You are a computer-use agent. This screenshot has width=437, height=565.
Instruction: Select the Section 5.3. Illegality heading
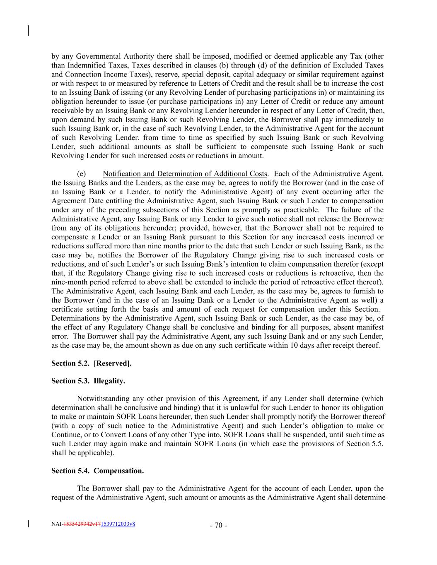pos(88,381)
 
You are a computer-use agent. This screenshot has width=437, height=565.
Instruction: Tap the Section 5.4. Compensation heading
pos(98,471)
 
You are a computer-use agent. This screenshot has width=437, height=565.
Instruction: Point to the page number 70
pos(218,526)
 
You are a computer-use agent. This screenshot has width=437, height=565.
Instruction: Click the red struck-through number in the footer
pos(82,524)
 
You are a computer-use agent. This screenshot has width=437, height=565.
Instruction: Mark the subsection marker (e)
pos(81,174)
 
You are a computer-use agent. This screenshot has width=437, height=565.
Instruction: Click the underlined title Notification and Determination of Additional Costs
pos(185,174)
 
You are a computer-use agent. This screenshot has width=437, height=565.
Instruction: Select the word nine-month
pos(68,282)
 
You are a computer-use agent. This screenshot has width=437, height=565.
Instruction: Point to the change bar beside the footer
pos(28,524)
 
